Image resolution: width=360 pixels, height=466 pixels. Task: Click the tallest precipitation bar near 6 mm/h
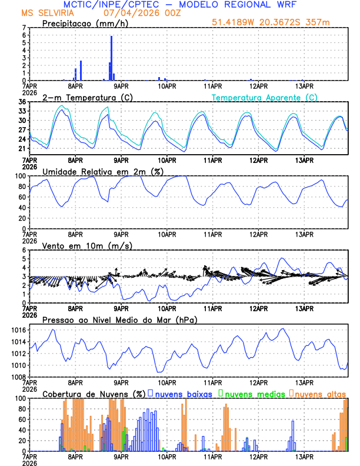tap(111, 58)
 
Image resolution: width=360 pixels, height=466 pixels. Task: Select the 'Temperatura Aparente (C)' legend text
tap(265, 97)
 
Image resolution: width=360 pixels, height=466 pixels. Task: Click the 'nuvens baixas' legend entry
tap(183, 393)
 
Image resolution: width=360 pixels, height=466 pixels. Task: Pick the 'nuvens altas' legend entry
tap(321, 393)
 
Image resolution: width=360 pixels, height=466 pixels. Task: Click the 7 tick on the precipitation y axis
tap(23, 28)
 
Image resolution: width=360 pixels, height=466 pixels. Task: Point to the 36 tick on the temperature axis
tap(21, 102)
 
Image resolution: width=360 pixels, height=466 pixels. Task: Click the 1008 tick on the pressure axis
tap(18, 377)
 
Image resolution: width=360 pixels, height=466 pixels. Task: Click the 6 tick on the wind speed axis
tap(23, 250)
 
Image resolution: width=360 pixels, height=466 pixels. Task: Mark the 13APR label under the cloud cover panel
tap(304, 456)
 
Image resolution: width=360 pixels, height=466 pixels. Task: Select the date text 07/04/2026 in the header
tap(117, 12)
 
